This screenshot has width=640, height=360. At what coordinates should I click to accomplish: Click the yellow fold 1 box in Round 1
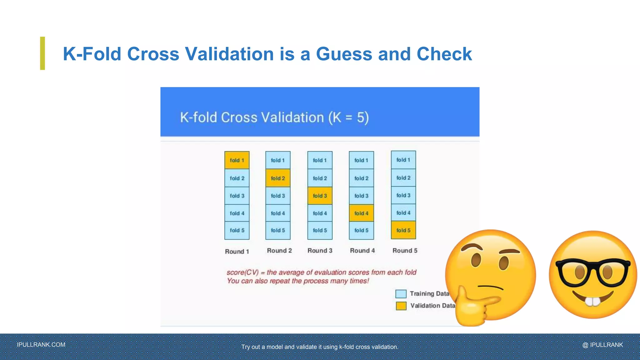click(x=237, y=160)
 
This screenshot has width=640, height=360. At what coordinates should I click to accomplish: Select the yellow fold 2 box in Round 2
click(x=278, y=178)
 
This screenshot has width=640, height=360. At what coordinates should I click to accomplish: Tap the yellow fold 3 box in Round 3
click(x=320, y=196)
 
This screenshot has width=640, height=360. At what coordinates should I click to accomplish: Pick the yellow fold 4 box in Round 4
click(x=361, y=213)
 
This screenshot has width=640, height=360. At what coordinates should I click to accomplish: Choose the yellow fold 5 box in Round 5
click(x=403, y=230)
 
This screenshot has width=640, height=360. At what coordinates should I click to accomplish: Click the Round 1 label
click(x=237, y=252)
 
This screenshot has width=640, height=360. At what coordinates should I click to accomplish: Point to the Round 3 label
click(x=320, y=251)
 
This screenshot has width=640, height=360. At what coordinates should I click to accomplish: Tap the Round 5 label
click(x=405, y=251)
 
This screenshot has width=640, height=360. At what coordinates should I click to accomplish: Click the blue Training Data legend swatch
click(x=401, y=294)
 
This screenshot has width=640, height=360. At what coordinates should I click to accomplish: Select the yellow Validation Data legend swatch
click(x=401, y=306)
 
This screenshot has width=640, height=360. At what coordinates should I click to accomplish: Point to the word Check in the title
click(x=444, y=54)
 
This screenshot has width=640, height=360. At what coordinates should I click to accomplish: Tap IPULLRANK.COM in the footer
click(x=41, y=345)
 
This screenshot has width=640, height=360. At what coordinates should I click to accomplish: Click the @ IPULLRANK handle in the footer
click(x=602, y=345)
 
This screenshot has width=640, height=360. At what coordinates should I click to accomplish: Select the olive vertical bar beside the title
click(x=42, y=53)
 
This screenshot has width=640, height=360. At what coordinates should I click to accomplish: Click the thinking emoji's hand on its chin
click(x=472, y=308)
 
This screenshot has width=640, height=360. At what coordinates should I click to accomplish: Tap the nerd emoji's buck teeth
click(x=592, y=301)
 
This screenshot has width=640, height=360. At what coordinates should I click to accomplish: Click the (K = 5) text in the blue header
click(x=348, y=117)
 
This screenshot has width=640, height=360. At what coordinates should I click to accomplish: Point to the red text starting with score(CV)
click(x=321, y=272)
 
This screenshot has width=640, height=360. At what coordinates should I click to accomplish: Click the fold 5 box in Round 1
click(x=237, y=230)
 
